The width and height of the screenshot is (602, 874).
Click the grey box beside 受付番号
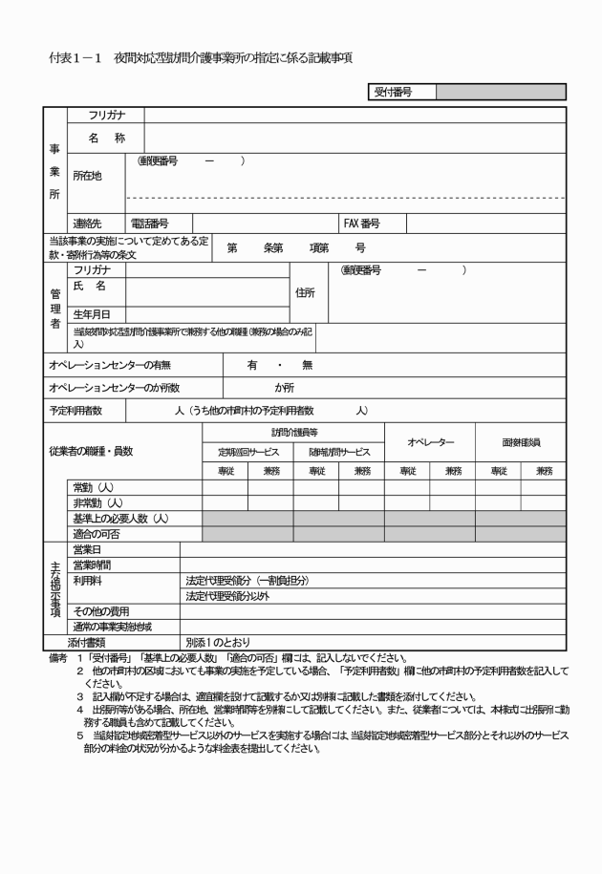pos(501,92)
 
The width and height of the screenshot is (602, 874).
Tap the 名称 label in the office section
pos(106,139)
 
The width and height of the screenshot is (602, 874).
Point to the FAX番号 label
pos(363,224)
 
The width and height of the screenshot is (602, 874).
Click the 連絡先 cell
pos(93,224)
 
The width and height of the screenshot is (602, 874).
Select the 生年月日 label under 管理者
pos(93,313)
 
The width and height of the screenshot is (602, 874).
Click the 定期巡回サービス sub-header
pos(247,452)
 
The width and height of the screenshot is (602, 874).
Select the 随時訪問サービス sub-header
pos(338,452)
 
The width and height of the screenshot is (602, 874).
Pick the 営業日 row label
pos(88,549)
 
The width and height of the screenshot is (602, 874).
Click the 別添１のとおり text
pos(218,643)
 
